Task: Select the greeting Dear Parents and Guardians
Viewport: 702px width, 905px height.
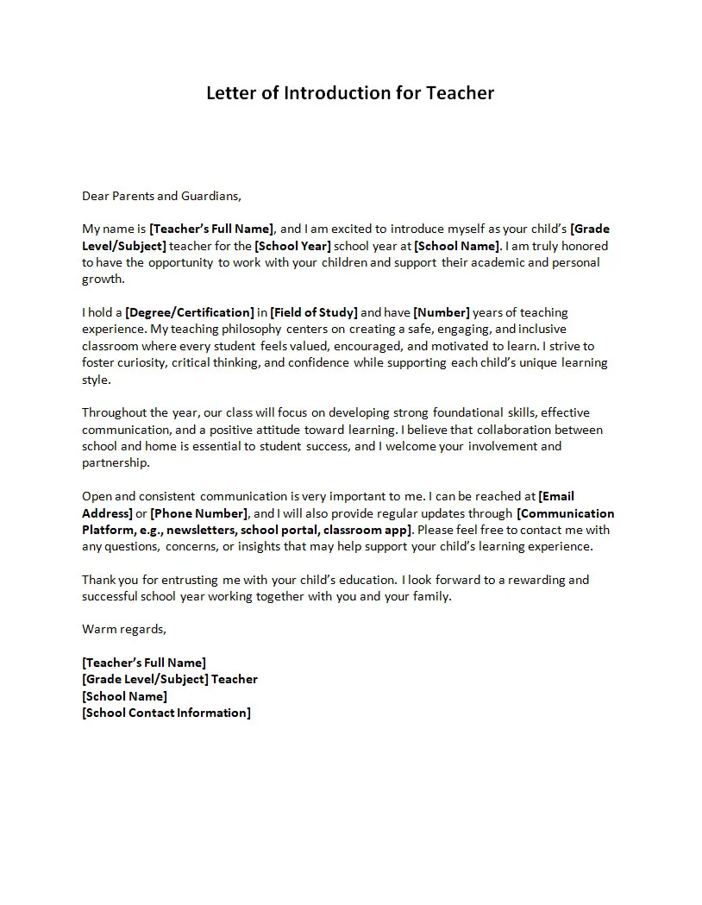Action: (x=161, y=196)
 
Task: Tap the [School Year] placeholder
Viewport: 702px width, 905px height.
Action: (x=292, y=246)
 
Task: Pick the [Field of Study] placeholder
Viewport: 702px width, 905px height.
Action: (x=314, y=312)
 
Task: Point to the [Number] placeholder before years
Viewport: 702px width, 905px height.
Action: (x=442, y=312)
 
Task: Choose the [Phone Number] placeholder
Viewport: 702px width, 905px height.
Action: (x=199, y=513)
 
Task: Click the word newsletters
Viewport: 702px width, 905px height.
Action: (x=205, y=530)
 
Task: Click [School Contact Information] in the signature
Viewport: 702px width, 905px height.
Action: (x=166, y=713)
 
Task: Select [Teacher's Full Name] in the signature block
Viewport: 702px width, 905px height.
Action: (x=144, y=663)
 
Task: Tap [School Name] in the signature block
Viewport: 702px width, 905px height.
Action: (x=125, y=696)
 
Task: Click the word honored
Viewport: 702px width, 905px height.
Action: (x=583, y=246)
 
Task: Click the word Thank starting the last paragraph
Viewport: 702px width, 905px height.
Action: (x=97, y=580)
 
